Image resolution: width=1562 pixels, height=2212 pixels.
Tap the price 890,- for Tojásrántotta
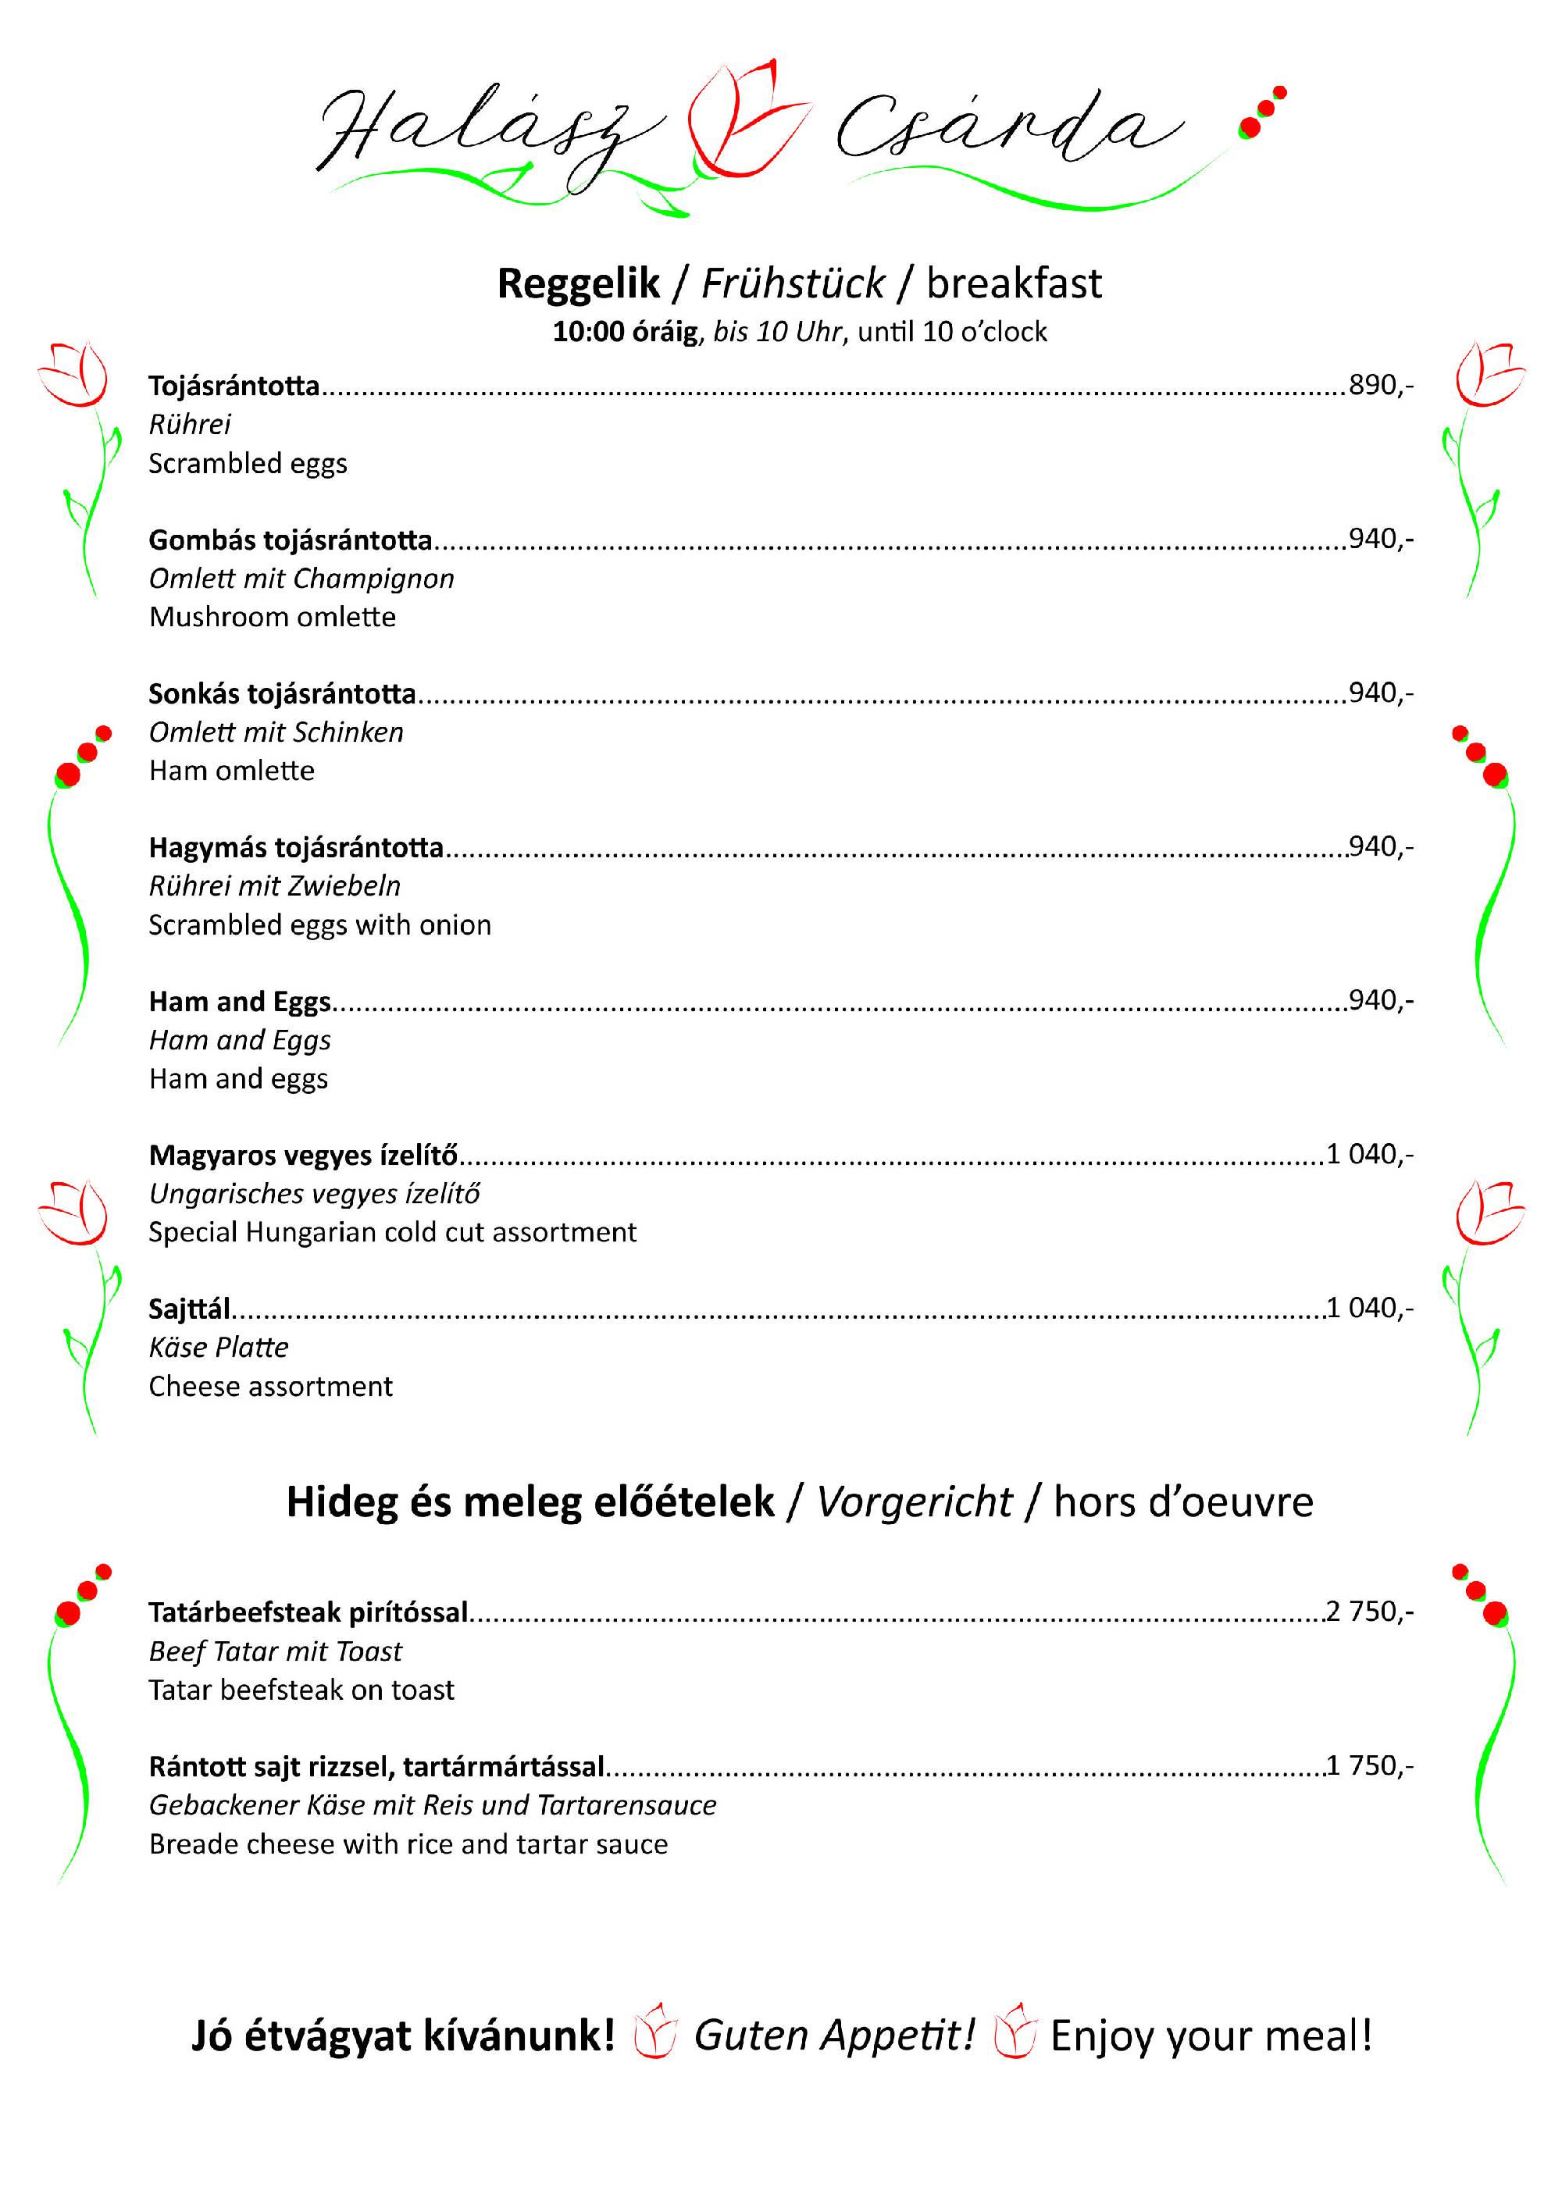pos(1380,386)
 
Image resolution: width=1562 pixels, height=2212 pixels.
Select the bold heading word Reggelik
pos(578,284)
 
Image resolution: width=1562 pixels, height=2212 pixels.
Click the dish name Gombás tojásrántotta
pos(290,540)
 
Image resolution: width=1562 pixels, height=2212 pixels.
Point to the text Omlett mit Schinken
pos(276,732)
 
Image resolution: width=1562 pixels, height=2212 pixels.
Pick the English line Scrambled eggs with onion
pos(320,925)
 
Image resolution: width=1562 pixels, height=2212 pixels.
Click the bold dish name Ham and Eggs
pos(240,1002)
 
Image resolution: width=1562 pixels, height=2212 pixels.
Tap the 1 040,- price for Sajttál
pos(1369,1309)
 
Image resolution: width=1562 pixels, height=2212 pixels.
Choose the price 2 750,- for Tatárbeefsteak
pos(1369,1612)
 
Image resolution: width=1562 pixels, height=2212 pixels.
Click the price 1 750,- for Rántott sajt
pos(1369,1766)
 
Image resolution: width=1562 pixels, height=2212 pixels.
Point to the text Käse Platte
pos(219,1347)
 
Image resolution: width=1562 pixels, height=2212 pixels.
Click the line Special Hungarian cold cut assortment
pos(392,1232)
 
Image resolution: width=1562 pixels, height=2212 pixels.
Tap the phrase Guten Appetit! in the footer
pos(834,2036)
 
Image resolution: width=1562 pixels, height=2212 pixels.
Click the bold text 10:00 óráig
pos(625,333)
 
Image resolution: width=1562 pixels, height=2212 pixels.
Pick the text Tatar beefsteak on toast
pos(301,1690)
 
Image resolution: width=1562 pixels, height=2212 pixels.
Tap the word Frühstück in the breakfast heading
pos(792,284)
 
